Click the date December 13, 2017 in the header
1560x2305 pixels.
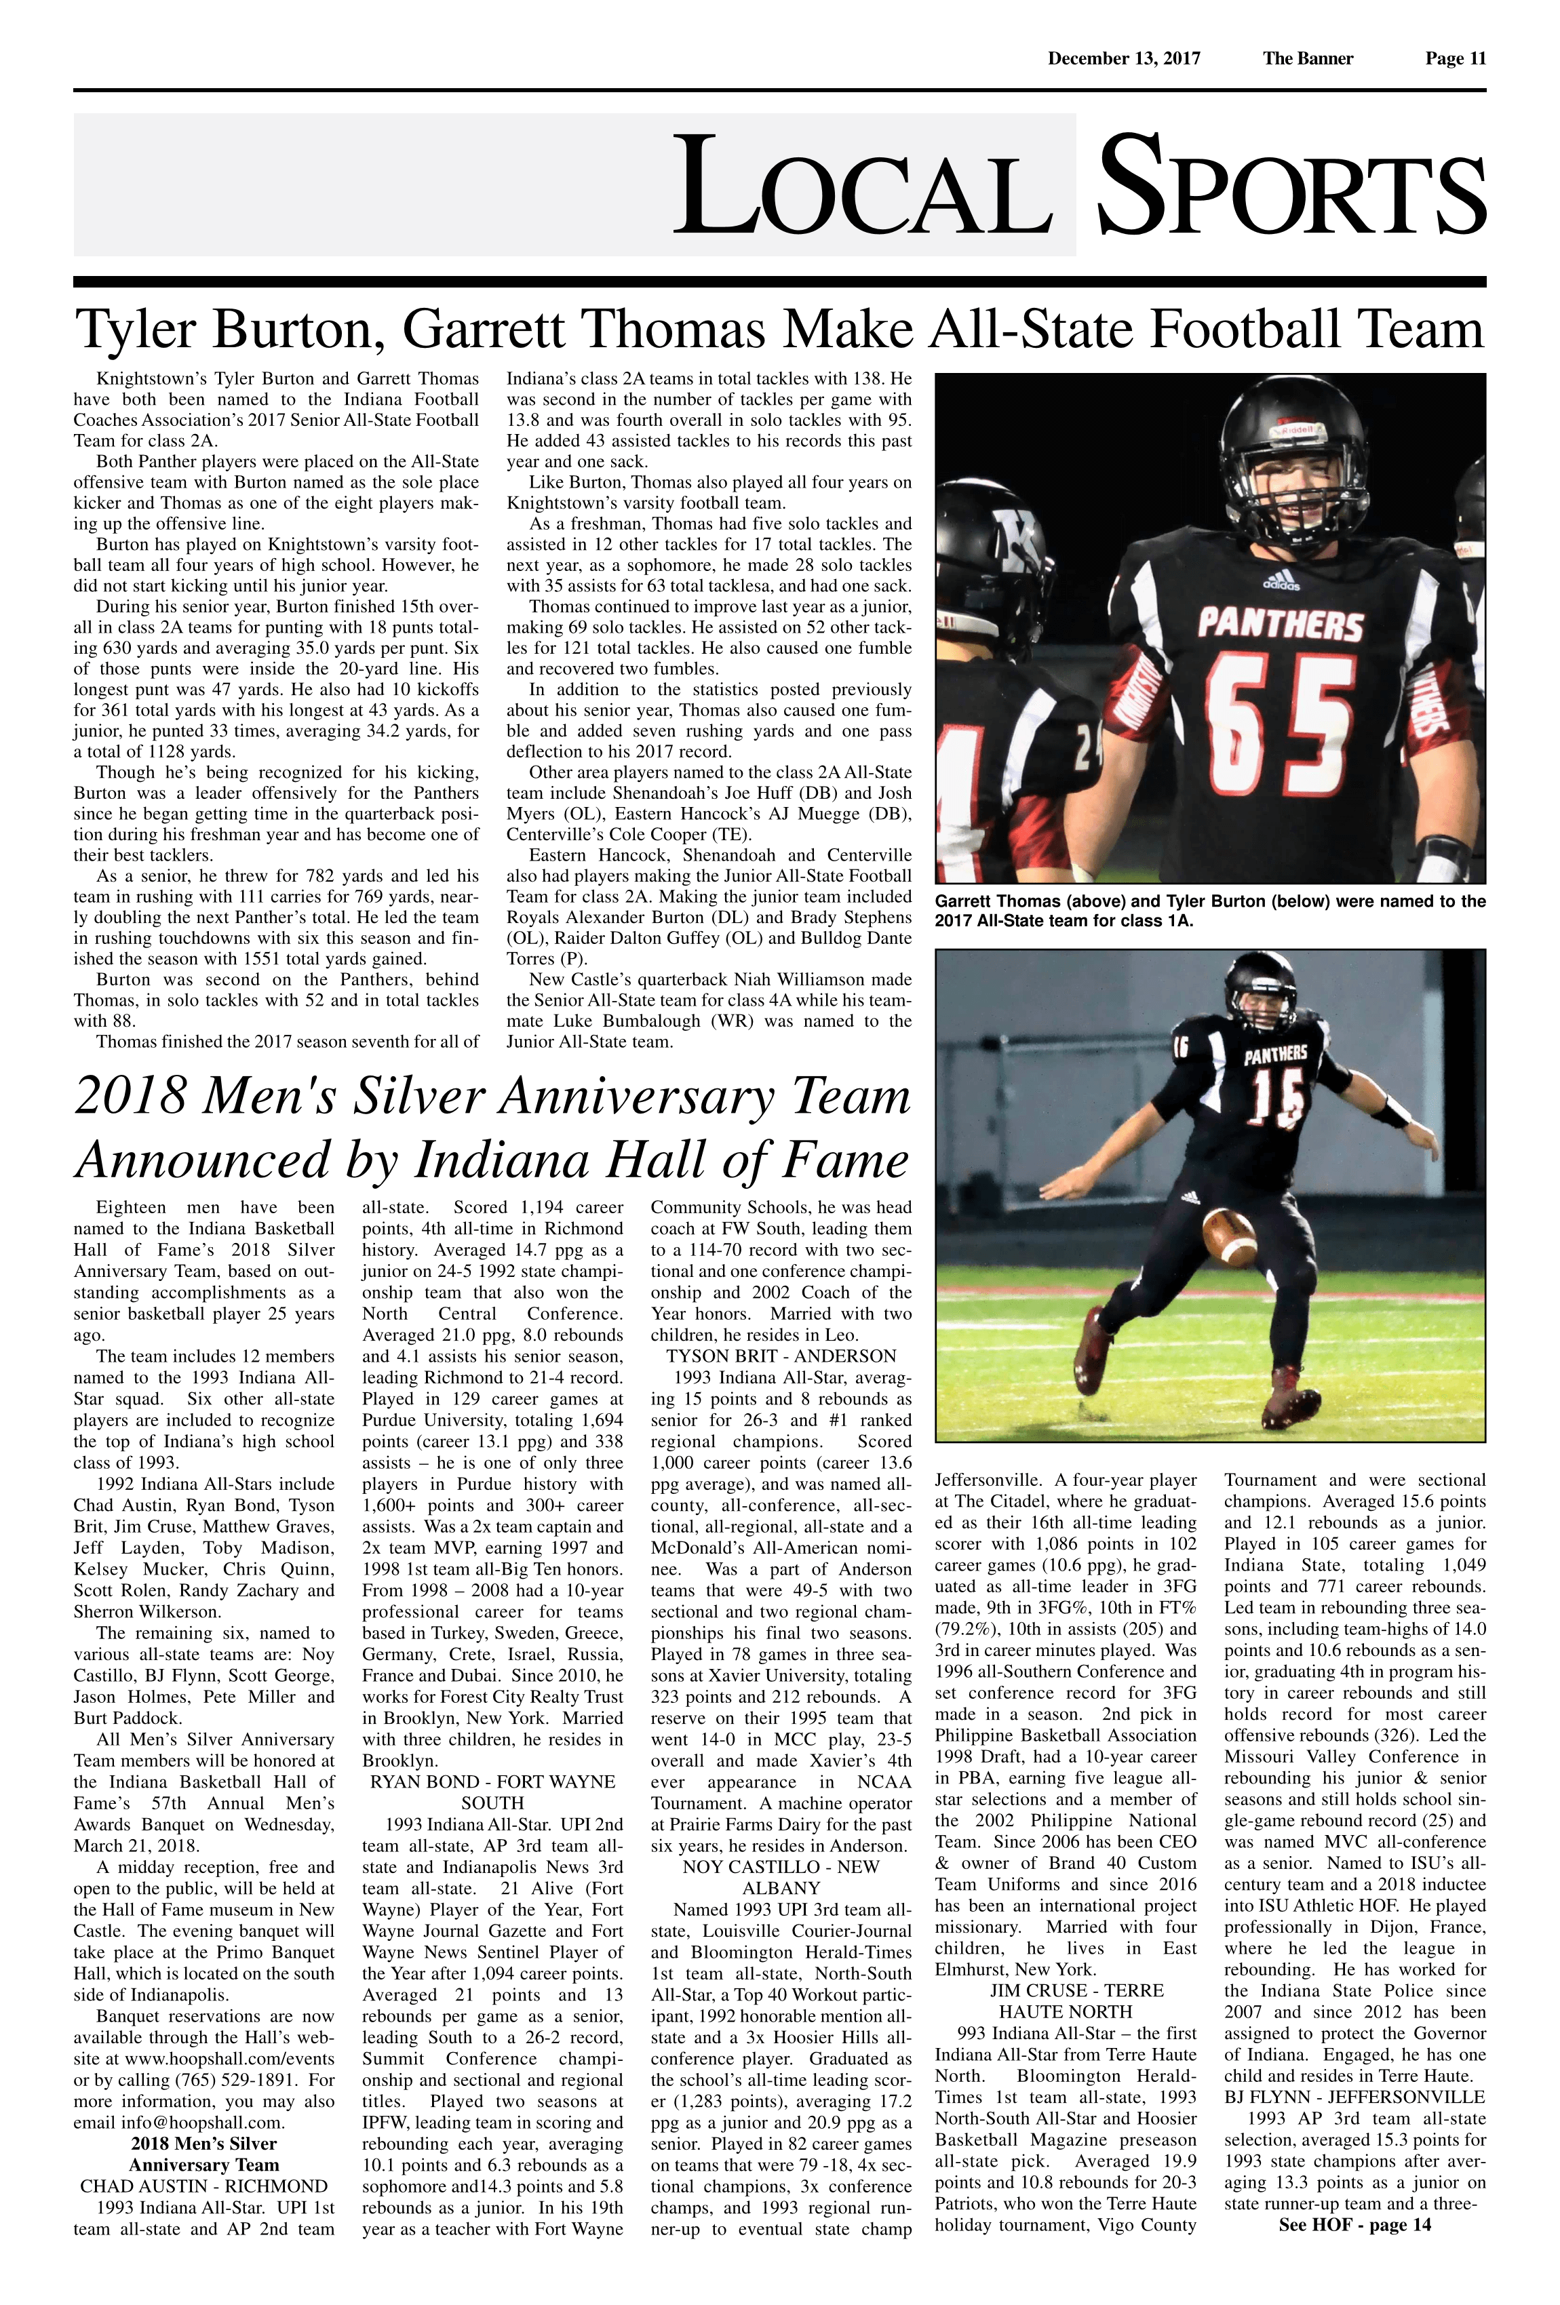(x=1124, y=58)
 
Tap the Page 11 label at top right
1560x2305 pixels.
(x=1455, y=58)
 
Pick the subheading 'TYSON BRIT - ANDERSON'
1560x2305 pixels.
(x=781, y=1356)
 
